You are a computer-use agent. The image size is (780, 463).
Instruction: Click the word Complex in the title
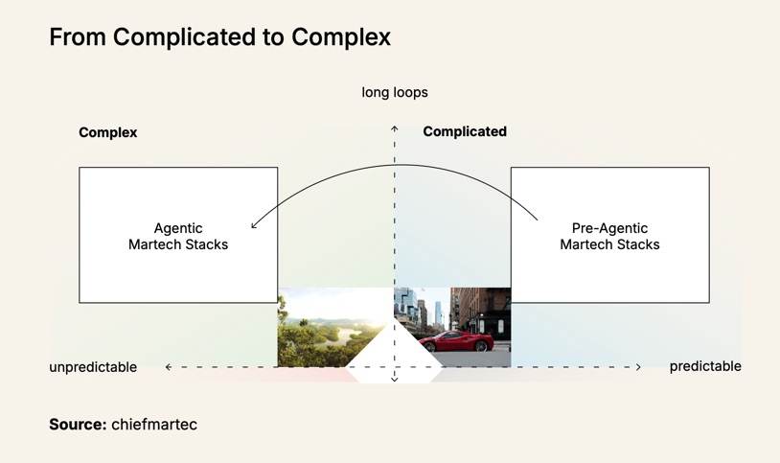pos(340,37)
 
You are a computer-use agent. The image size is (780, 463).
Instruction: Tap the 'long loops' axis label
pos(395,93)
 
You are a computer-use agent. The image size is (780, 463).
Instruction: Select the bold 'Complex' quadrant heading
pos(107,132)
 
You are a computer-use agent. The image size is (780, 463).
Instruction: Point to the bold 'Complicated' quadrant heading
pos(465,131)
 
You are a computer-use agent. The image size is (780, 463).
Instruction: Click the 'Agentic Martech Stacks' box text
pos(178,236)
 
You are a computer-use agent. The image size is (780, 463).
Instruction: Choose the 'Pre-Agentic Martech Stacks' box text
pos(609,236)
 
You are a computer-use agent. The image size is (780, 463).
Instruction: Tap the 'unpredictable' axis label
pos(93,367)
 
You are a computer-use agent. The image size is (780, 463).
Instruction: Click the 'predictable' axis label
pos(705,366)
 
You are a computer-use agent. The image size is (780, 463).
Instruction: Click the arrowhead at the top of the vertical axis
pos(395,127)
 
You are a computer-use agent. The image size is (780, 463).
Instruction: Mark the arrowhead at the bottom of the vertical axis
pos(395,380)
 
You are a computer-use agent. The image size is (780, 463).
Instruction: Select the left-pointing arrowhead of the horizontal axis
pos(169,367)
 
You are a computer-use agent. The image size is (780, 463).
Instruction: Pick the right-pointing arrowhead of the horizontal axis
pos(638,367)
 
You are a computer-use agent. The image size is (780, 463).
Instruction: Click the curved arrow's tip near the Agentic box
pos(253,226)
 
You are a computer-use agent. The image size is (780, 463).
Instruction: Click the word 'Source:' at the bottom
pos(78,425)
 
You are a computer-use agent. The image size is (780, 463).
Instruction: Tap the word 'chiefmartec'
pos(154,425)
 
